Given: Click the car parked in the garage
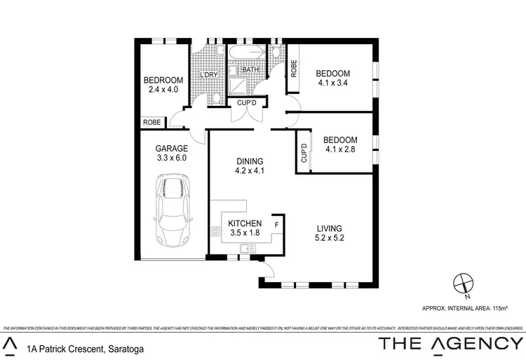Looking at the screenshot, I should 172,211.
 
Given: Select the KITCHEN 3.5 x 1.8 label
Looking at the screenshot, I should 245,228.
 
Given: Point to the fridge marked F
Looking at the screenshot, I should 277,225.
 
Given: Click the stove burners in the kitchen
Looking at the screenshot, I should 215,232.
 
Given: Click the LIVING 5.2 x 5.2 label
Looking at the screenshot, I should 328,233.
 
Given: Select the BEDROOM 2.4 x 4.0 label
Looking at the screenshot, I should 163,84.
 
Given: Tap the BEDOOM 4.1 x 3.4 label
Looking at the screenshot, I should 333,78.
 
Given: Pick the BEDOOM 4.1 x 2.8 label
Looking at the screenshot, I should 342,145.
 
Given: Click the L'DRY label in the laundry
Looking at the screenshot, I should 209,75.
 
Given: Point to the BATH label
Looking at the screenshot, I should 251,70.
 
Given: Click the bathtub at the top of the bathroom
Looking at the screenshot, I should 246,53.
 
